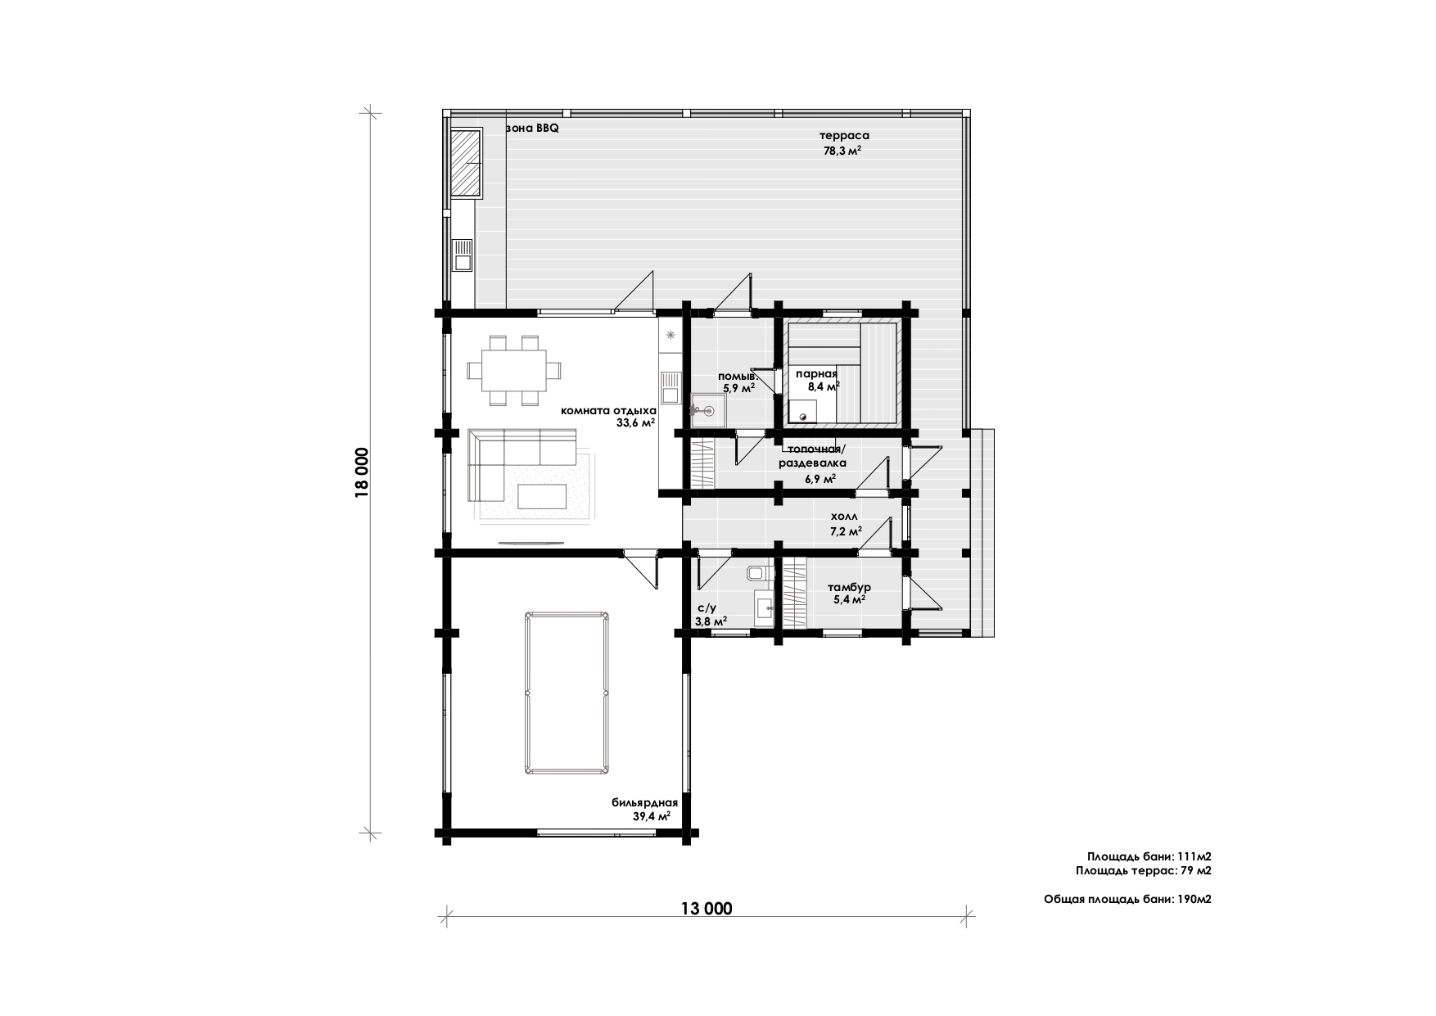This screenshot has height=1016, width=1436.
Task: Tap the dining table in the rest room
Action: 515,370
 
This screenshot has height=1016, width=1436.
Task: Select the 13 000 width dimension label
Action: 706,908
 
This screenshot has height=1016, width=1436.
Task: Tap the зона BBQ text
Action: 533,129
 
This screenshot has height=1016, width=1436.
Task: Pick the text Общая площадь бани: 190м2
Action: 1127,899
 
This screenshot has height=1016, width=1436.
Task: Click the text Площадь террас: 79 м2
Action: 1144,870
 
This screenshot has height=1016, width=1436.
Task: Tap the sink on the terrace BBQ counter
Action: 463,255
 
